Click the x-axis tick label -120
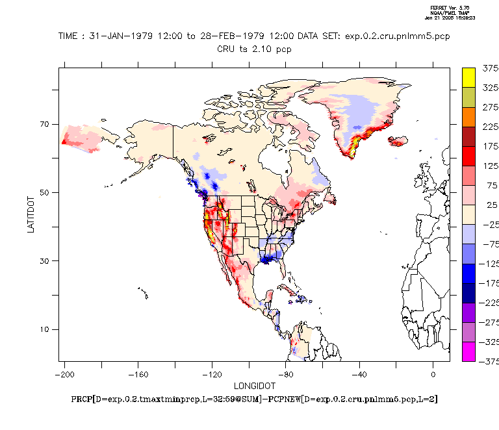coord(212,375)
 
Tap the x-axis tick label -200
coord(64,375)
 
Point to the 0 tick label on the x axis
coord(433,375)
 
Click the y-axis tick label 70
coord(45,124)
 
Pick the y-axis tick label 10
coord(45,329)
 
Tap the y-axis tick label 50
coord(45,192)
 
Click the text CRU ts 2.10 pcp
coord(254,48)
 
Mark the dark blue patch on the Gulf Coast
coord(265,259)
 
